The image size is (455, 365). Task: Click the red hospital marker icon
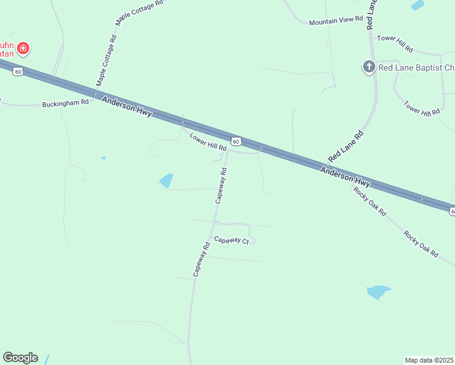pyautogui.click(x=23, y=48)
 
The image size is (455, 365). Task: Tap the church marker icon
pyautogui.click(x=369, y=67)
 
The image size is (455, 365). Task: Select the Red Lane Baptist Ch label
pyautogui.click(x=416, y=68)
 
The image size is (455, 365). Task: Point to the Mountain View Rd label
pyautogui.click(x=335, y=21)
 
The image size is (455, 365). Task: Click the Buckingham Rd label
pyautogui.click(x=66, y=103)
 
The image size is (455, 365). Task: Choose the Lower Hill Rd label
pyautogui.click(x=208, y=142)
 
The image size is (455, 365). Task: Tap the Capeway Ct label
pyautogui.click(x=232, y=241)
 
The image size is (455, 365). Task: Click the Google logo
pyautogui.click(x=20, y=358)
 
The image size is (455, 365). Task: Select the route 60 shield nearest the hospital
pyautogui.click(x=19, y=72)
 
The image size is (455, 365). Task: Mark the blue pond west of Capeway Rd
pyautogui.click(x=165, y=181)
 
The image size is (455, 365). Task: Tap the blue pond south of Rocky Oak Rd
pyautogui.click(x=378, y=292)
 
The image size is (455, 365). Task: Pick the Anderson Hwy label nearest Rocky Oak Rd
pyautogui.click(x=345, y=176)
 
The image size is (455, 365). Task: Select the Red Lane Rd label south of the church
pyautogui.click(x=346, y=146)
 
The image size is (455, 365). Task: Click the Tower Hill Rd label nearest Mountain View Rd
pyautogui.click(x=395, y=43)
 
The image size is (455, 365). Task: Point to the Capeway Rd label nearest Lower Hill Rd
pyautogui.click(x=222, y=186)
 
